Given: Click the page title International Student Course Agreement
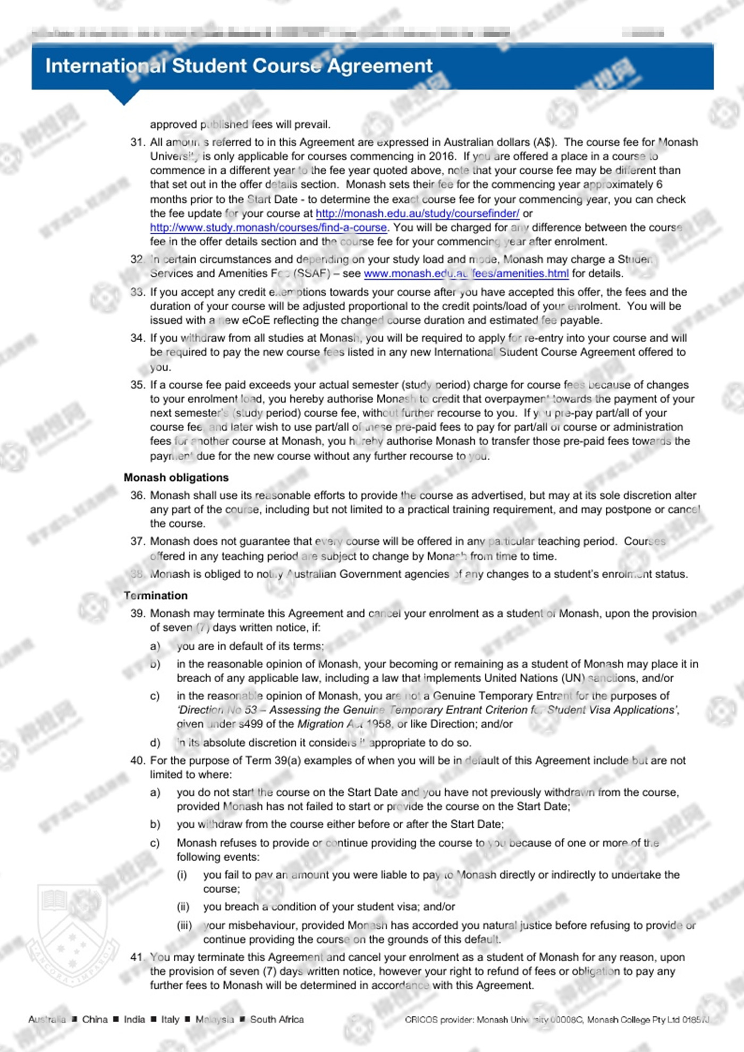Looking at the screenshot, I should (x=239, y=66).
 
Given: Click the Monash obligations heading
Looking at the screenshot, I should (x=176, y=477).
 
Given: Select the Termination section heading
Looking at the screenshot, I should (x=156, y=595).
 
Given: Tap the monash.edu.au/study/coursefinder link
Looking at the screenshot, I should (x=417, y=213).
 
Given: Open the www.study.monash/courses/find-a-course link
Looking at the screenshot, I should (x=268, y=227).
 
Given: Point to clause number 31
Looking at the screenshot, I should (x=138, y=142).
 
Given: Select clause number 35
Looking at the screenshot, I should (x=138, y=385).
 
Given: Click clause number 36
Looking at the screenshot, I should (x=138, y=495).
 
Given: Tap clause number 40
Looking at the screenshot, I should (x=138, y=760).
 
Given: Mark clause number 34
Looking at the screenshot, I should (x=138, y=338).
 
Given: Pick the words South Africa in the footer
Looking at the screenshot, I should (x=277, y=1019).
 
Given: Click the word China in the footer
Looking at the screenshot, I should (x=95, y=1019).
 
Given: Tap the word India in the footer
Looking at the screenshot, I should (x=134, y=1019).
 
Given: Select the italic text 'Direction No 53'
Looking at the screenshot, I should (x=217, y=710).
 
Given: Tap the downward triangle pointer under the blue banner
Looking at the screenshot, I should (x=124, y=97).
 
